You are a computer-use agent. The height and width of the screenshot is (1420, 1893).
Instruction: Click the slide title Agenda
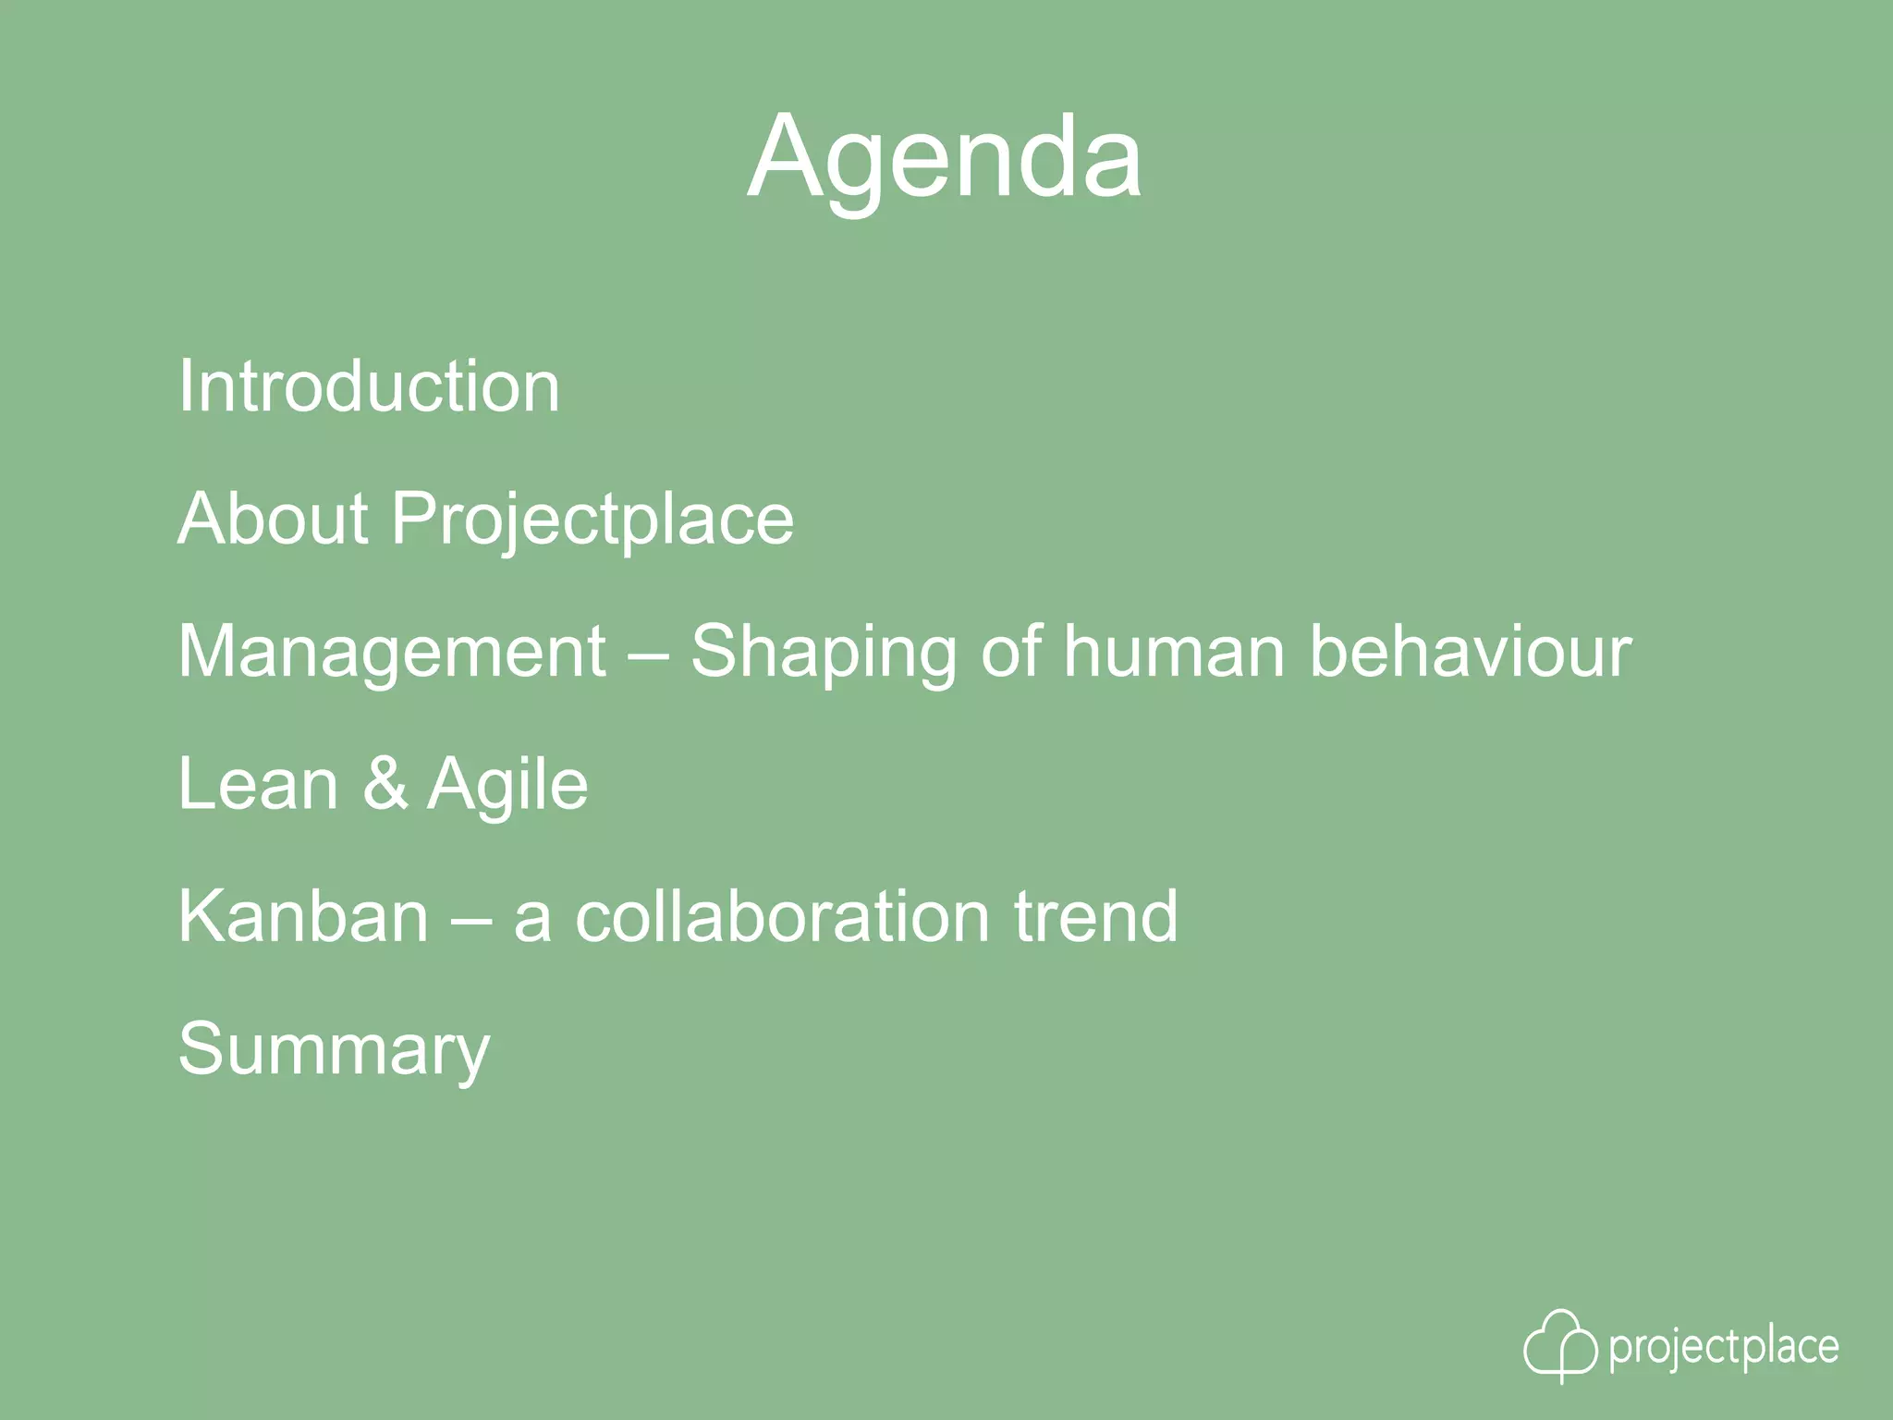click(x=945, y=157)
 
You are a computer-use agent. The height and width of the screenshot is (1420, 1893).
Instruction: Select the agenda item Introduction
click(x=369, y=386)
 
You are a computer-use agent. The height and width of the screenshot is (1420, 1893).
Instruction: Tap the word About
click(x=273, y=519)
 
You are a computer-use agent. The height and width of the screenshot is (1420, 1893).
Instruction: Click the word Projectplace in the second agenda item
click(x=592, y=520)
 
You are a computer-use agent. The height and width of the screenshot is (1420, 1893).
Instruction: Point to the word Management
click(x=392, y=653)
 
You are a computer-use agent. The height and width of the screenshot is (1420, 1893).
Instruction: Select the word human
click(x=1173, y=651)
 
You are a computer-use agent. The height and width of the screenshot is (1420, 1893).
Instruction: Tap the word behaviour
click(x=1471, y=651)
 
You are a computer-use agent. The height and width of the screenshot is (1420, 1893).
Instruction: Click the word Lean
click(x=259, y=784)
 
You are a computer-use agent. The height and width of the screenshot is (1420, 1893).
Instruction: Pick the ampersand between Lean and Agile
click(x=385, y=784)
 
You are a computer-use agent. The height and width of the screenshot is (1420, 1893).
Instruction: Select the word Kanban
click(x=303, y=916)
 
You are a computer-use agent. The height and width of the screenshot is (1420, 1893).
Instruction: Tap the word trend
click(x=1096, y=916)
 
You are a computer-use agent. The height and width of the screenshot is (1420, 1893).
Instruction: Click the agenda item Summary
click(x=334, y=1050)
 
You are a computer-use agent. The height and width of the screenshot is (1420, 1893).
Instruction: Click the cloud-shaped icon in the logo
click(x=1559, y=1345)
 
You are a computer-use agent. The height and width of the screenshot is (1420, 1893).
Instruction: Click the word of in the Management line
click(x=1011, y=651)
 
